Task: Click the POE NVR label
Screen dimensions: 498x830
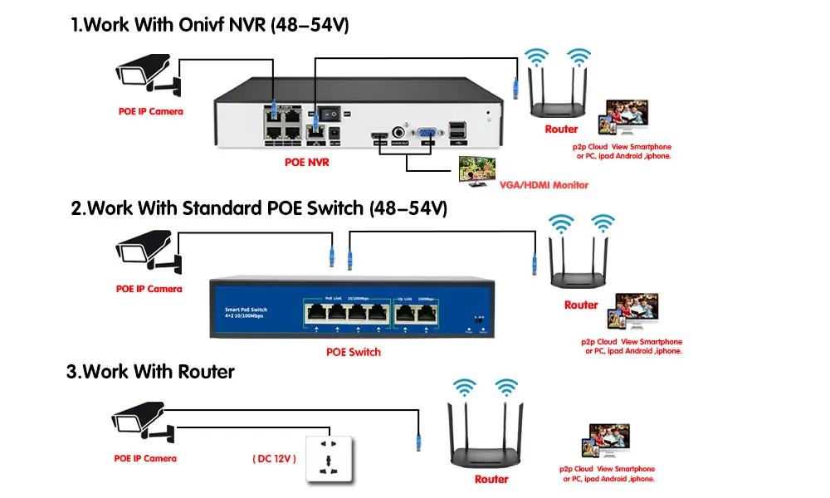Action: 307,163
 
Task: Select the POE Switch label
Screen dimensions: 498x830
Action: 354,352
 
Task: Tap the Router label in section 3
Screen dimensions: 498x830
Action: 491,479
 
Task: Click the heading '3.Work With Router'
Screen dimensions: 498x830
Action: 150,371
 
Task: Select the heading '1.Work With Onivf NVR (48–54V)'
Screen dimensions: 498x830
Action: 210,26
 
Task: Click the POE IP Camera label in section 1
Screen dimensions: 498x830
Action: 149,111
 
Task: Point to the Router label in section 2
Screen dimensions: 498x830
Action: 581,305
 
